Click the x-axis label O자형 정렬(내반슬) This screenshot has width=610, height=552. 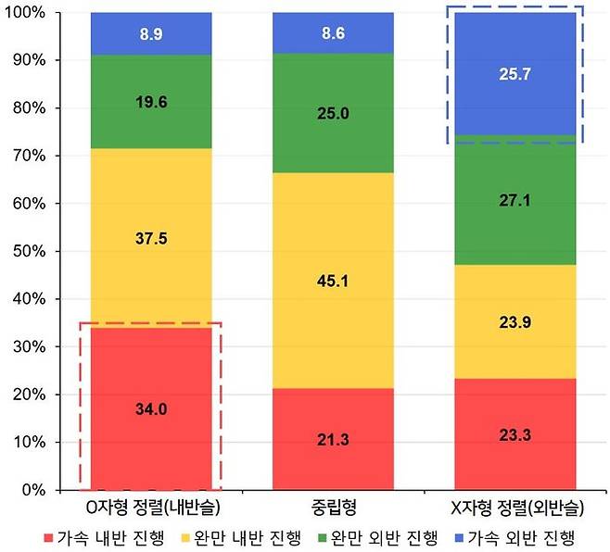point(150,508)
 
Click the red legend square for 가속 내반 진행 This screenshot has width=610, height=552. point(49,536)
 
